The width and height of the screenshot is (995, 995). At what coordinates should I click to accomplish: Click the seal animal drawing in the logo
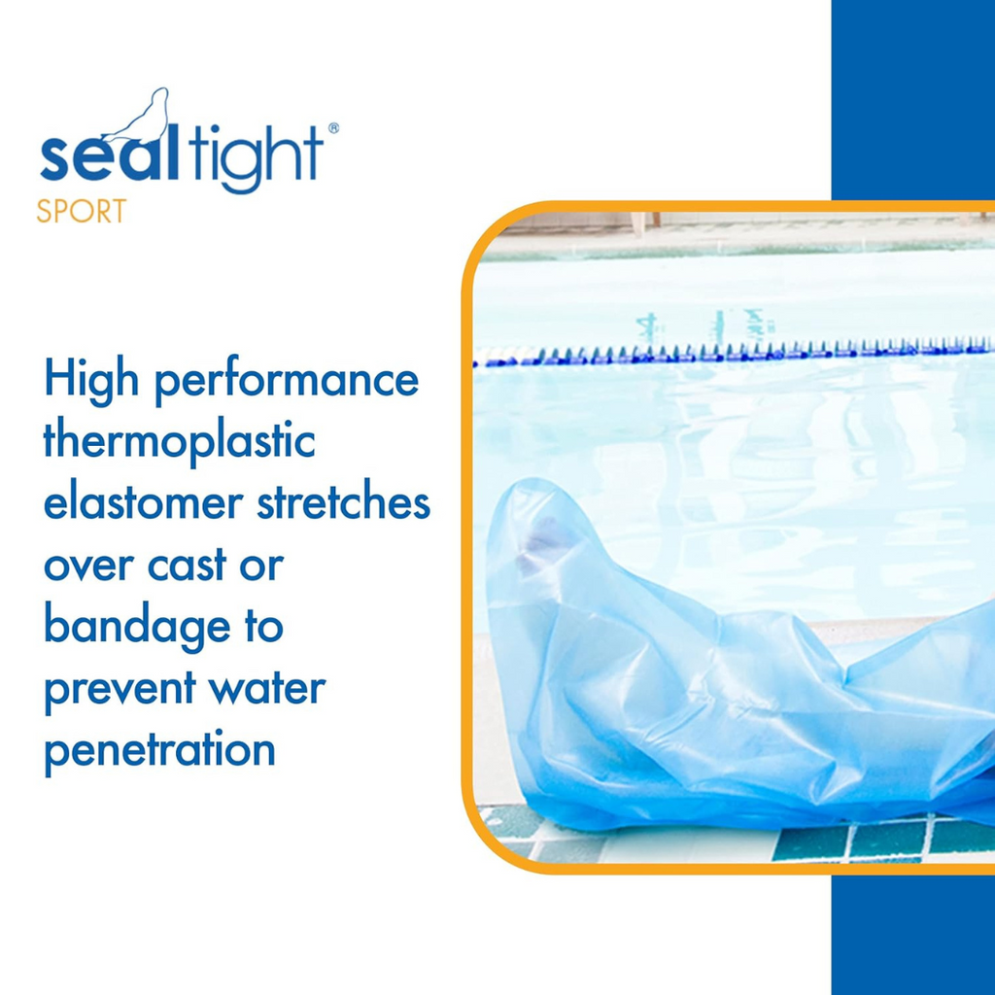(x=145, y=118)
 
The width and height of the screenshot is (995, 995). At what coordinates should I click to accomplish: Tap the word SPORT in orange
(x=82, y=212)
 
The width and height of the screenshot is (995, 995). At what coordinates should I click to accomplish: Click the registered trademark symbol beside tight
(x=333, y=128)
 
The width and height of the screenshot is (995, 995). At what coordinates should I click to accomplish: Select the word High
(x=90, y=380)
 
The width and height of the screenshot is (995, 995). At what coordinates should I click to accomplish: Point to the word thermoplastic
(x=179, y=442)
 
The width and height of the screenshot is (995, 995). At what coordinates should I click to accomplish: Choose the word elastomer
(x=144, y=503)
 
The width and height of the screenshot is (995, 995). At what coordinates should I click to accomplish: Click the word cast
(x=188, y=566)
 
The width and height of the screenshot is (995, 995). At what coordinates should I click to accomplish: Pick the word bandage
(x=137, y=628)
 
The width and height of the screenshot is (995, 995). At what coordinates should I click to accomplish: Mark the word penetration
(x=159, y=751)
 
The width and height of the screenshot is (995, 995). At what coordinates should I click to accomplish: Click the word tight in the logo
(x=257, y=154)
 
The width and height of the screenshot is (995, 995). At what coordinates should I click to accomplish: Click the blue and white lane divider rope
(x=734, y=353)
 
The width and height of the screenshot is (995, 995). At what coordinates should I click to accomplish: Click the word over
(x=89, y=566)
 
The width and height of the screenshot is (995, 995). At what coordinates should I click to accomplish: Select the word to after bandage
(x=263, y=627)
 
